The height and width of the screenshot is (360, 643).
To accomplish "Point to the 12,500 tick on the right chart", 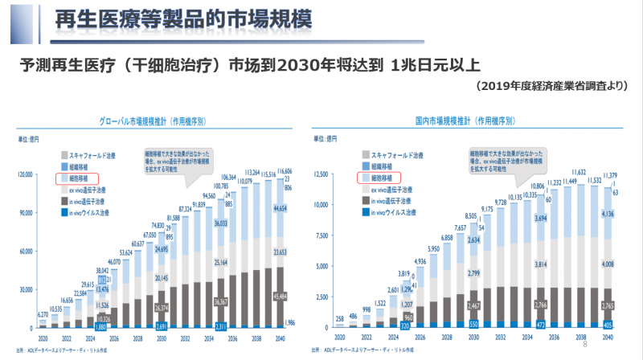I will (x=322, y=174).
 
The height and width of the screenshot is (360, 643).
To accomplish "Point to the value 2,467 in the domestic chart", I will (x=474, y=306).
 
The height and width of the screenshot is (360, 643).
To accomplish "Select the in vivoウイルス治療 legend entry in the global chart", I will (x=88, y=212).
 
